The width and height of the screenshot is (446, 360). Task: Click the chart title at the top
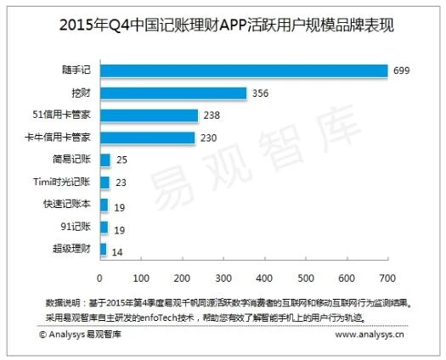[x=223, y=25]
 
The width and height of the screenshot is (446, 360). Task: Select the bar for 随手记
[x=244, y=70]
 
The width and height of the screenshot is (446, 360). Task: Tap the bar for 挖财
[x=173, y=93]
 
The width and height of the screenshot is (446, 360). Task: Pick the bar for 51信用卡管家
[x=149, y=115]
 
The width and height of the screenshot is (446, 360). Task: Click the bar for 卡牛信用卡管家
[x=147, y=138]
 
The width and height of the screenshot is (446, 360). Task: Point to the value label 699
[x=401, y=70]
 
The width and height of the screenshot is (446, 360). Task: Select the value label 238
[x=212, y=115]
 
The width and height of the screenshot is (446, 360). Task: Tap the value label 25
[x=122, y=160]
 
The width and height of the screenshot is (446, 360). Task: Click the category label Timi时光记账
[x=67, y=182]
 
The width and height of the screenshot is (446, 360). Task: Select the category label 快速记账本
[x=71, y=205]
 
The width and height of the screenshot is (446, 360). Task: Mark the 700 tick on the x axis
[x=387, y=278]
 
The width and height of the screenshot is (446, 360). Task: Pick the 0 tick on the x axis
[x=100, y=278]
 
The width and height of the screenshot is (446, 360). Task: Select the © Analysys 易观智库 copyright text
[x=81, y=335]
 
